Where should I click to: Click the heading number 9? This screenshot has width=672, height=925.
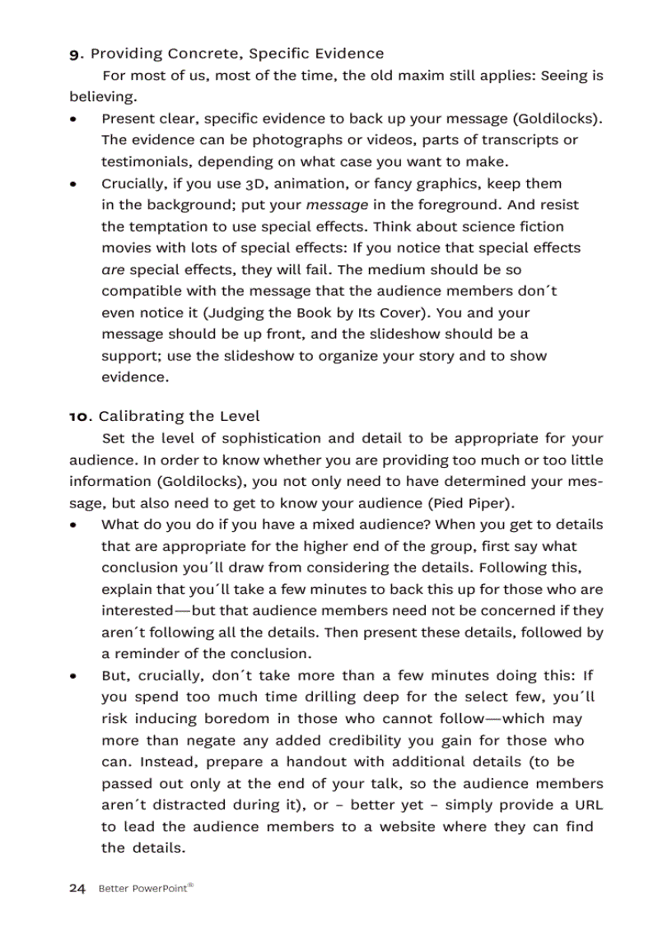(74, 54)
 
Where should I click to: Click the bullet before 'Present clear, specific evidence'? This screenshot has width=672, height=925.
(74, 119)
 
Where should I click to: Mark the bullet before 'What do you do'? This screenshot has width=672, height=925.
(74, 525)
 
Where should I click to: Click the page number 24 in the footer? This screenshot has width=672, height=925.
(77, 888)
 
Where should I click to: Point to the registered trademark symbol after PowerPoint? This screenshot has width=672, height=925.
(190, 885)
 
